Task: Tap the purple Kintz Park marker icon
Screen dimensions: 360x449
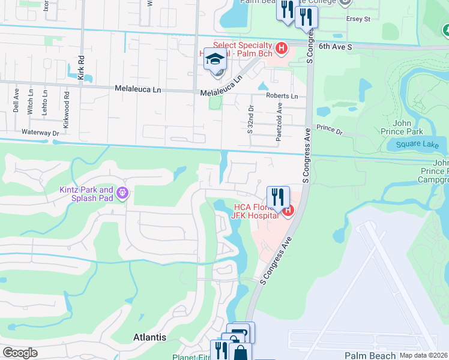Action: click(x=122, y=193)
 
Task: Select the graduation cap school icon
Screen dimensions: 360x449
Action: click(x=215, y=59)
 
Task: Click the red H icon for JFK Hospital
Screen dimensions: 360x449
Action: click(x=288, y=210)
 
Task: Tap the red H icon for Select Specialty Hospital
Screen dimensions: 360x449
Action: click(x=280, y=47)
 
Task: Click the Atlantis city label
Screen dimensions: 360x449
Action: click(x=149, y=337)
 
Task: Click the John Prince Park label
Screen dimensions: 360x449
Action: click(x=402, y=127)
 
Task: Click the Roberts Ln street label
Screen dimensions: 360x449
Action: click(x=282, y=96)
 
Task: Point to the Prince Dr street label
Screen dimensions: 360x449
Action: click(x=329, y=128)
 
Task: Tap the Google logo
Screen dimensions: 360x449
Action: click(x=20, y=353)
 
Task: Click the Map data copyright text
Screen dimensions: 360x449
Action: click(x=424, y=355)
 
